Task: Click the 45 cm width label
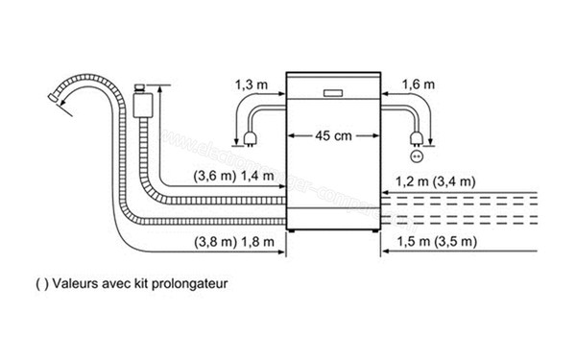(332, 135)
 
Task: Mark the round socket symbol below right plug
(417, 155)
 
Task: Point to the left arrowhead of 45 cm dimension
(292, 135)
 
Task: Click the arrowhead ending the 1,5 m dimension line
(385, 253)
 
